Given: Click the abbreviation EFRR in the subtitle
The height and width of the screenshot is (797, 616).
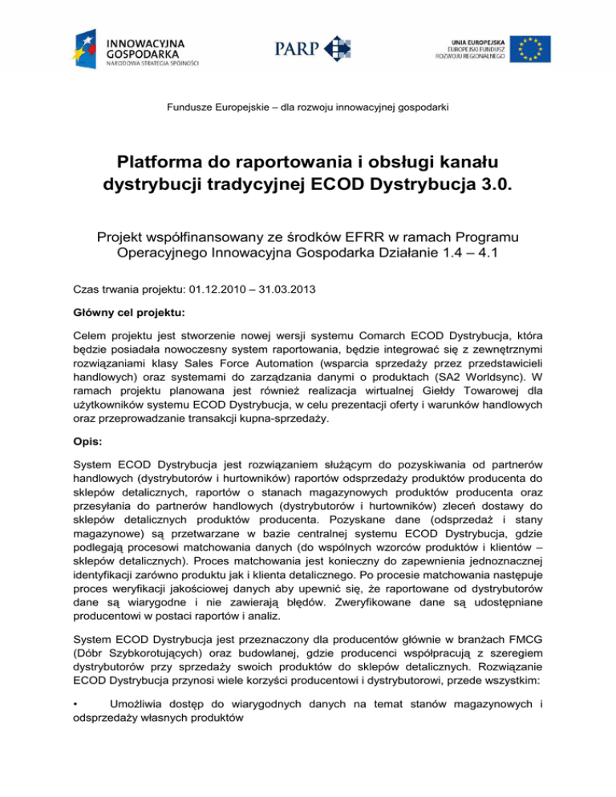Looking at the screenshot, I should tap(327, 214).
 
